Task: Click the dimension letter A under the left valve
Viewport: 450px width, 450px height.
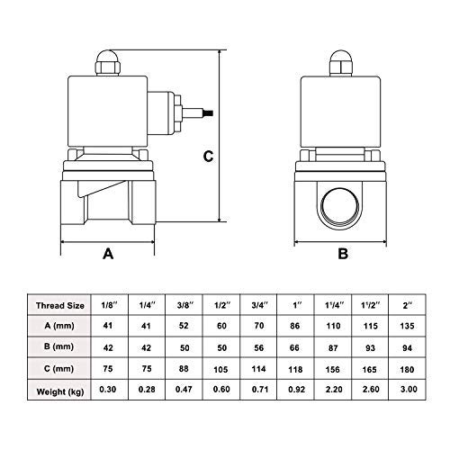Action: [x=108, y=254]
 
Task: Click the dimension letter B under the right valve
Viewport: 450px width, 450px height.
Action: [x=343, y=254]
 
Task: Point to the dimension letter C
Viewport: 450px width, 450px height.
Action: [x=208, y=157]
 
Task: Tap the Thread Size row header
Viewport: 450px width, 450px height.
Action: [x=60, y=306]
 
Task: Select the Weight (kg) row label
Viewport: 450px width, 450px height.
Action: [x=60, y=391]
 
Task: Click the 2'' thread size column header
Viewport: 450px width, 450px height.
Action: [x=408, y=305]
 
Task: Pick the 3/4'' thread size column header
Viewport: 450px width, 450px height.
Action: [x=259, y=305]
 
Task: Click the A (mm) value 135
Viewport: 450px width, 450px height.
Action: [x=407, y=326]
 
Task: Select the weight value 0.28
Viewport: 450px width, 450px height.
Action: [x=147, y=390]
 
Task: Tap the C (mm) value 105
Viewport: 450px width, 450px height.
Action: [x=220, y=369]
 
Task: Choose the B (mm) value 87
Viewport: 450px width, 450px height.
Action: [x=333, y=348]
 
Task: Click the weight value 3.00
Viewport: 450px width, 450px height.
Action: [x=409, y=389]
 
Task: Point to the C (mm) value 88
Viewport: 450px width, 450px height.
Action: [x=184, y=368]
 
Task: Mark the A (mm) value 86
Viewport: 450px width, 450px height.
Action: [x=295, y=326]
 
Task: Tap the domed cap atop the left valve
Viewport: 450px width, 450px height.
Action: [x=107, y=57]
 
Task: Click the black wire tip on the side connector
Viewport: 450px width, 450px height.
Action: [x=210, y=113]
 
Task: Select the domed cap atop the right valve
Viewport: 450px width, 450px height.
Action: [x=340, y=57]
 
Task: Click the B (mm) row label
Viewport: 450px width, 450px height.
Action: [x=58, y=346]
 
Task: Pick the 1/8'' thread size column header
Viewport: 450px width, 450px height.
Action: [x=109, y=305]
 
